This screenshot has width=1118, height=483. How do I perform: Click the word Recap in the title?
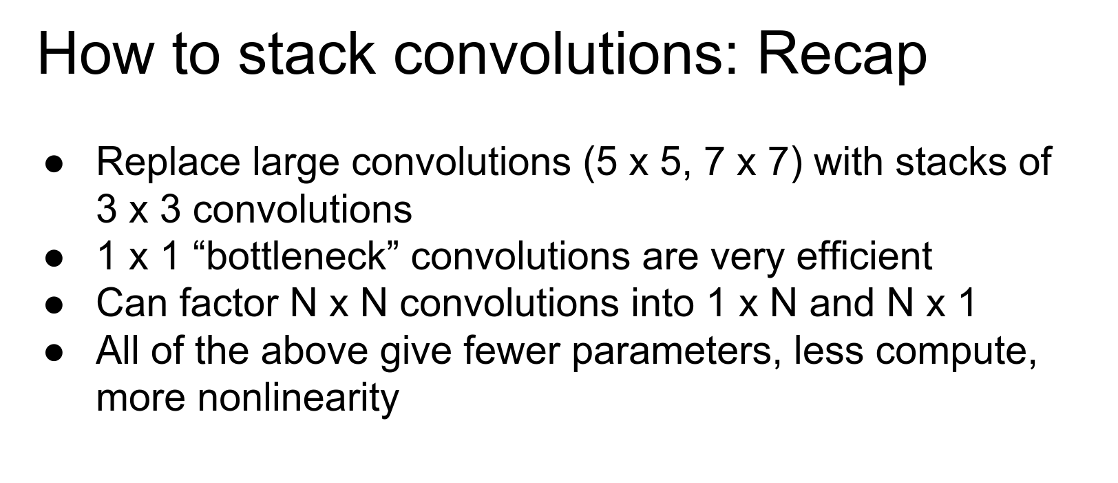[843, 55]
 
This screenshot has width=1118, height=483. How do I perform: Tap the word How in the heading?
[95, 53]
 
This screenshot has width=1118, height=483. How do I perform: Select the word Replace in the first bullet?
[168, 163]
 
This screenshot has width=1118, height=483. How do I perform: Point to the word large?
[295, 164]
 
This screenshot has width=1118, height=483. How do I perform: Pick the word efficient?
[864, 256]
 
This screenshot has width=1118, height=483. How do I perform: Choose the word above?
[315, 351]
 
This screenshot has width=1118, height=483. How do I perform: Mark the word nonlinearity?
[298, 398]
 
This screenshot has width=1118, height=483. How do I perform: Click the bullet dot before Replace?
[54, 165]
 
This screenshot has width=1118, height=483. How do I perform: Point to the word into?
[662, 303]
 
